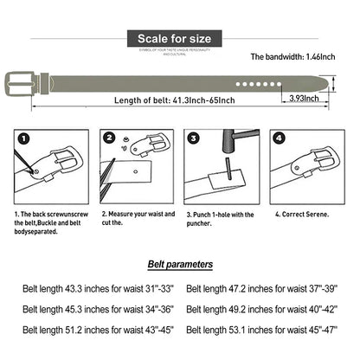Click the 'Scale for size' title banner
click(x=179, y=38)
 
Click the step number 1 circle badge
click(x=23, y=138)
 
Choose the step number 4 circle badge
click(x=278, y=138)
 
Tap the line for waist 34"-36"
click(x=98, y=308)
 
